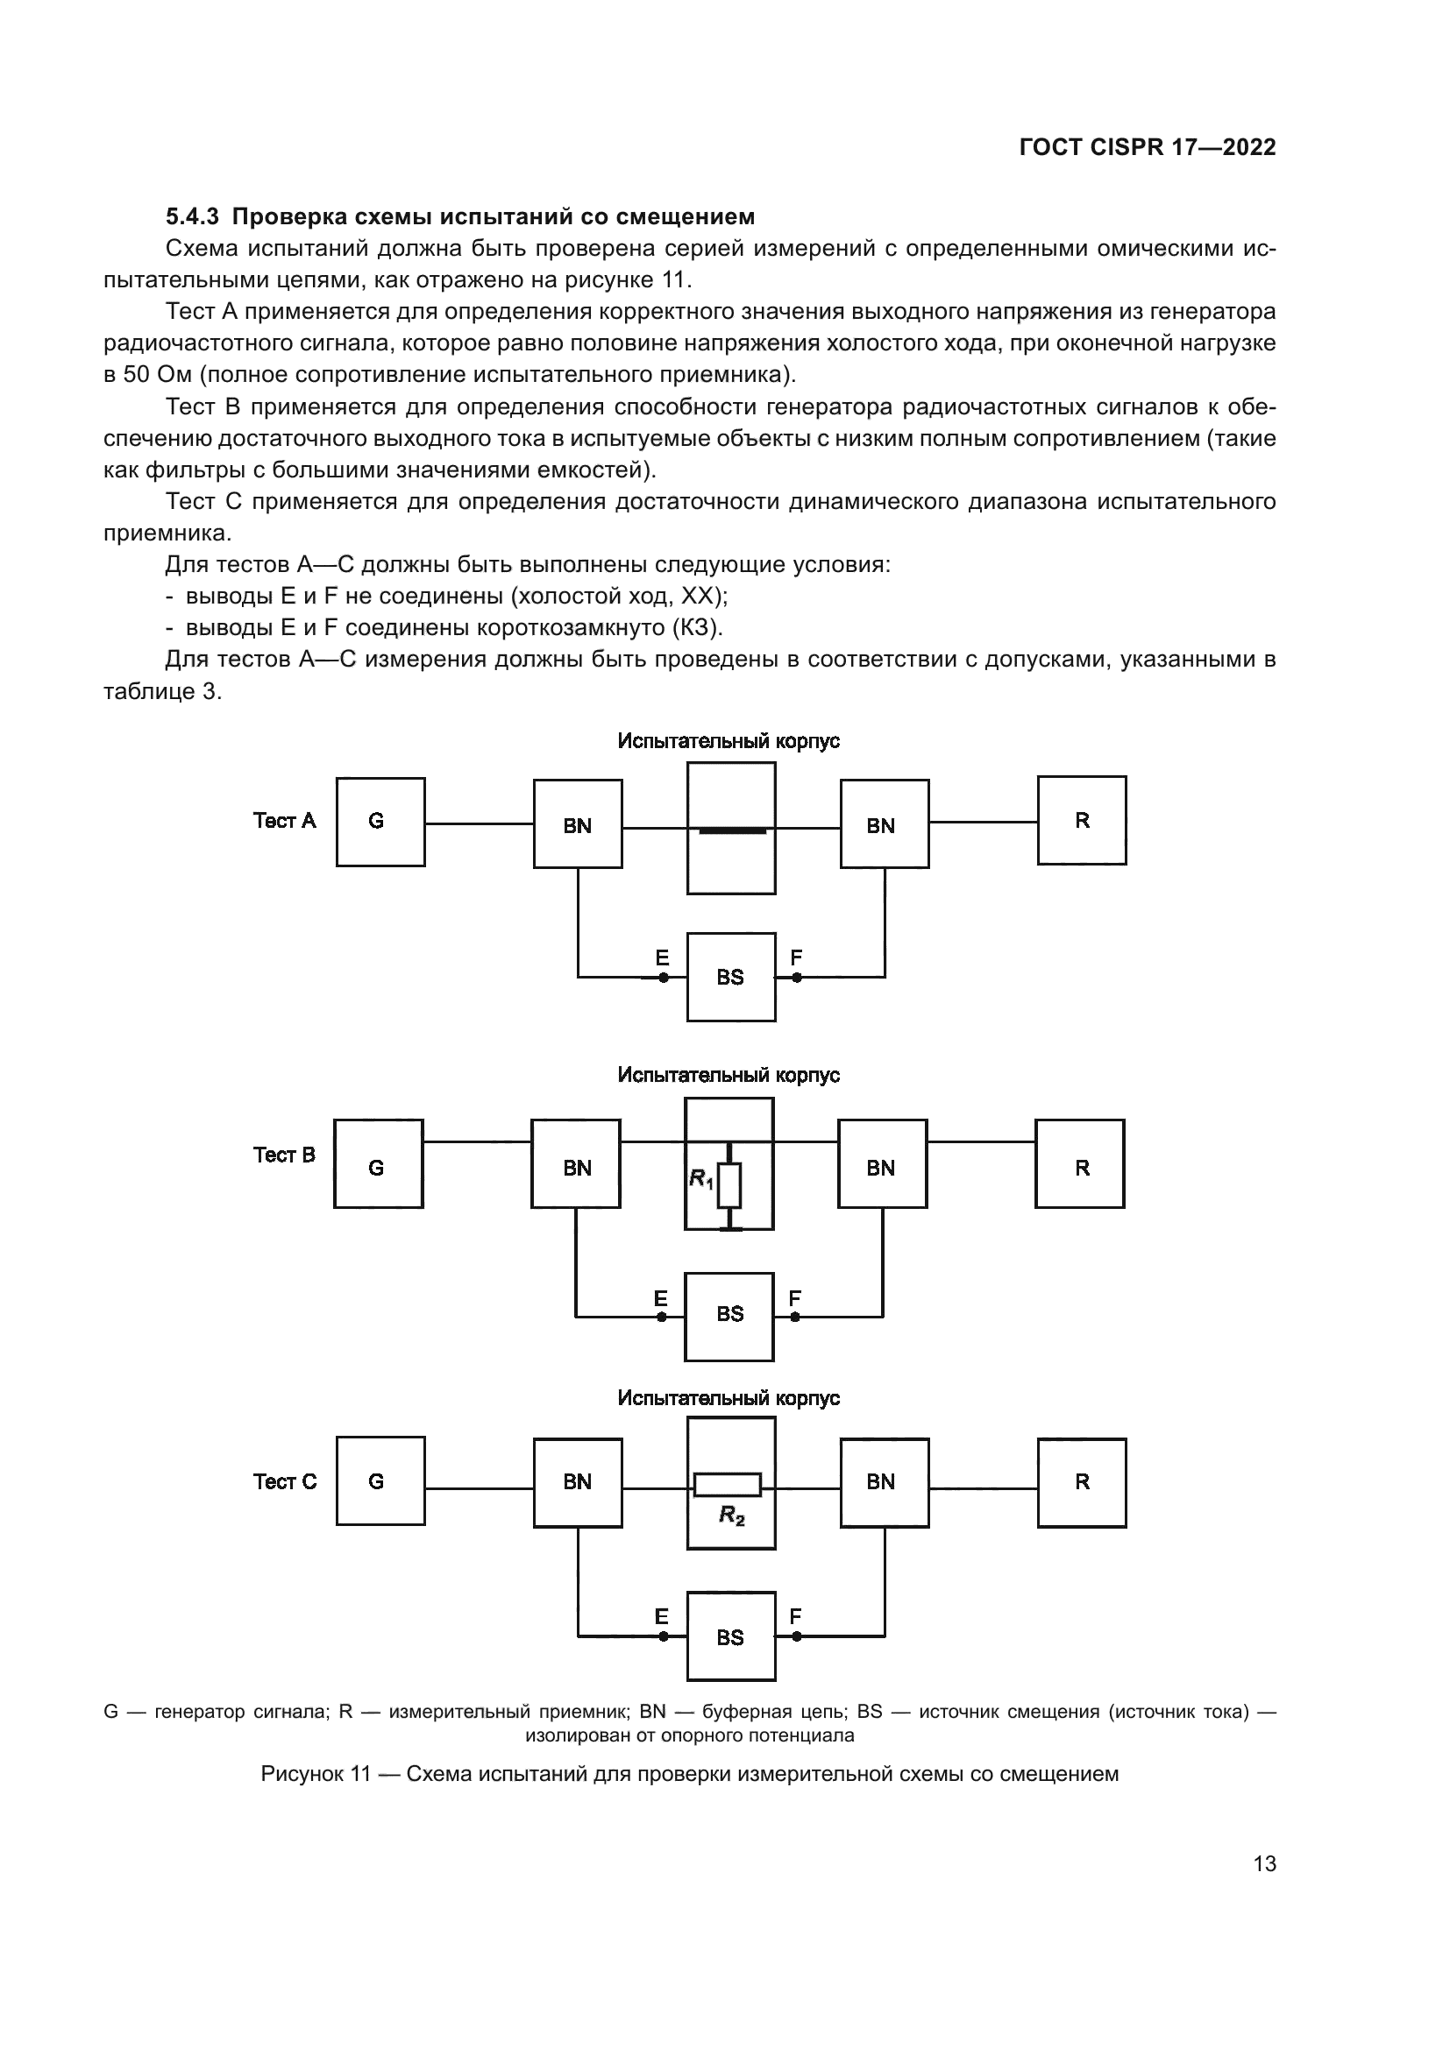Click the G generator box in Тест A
point(380,822)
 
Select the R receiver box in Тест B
point(1079,1163)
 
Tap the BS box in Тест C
point(730,1636)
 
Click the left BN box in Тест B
point(576,1163)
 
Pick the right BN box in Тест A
point(884,823)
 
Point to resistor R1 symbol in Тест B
point(729,1185)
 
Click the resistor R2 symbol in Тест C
point(728,1484)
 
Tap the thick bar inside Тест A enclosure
point(732,830)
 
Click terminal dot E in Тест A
point(664,978)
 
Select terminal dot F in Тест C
point(796,1636)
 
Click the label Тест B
point(284,1155)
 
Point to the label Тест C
point(285,1481)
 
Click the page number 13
point(1264,1863)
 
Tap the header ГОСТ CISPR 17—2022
point(1148,148)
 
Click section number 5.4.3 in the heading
point(192,217)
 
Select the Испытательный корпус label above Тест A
point(729,742)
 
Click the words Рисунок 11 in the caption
point(315,1774)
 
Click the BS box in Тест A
point(730,978)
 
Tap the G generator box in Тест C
point(380,1481)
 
